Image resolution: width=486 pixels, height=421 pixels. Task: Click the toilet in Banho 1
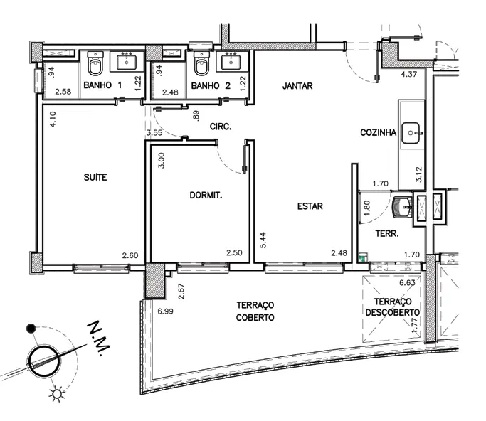pos(95,63)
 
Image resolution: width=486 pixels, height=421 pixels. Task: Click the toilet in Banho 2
pos(201,63)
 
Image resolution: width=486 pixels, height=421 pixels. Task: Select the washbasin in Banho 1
pos(127,61)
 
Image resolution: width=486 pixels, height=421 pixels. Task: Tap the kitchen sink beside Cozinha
pos(411,133)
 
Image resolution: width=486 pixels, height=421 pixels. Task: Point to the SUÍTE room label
pos(95,177)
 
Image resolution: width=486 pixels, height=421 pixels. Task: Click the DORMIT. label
pos(206,195)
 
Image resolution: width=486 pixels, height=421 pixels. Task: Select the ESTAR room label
pos(310,206)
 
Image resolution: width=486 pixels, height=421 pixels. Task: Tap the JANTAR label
pos(297,86)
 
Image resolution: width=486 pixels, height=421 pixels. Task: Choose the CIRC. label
pos(221,127)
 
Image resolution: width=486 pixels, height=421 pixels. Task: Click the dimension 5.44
pos(263,240)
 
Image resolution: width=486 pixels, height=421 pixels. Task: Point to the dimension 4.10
pos(53,119)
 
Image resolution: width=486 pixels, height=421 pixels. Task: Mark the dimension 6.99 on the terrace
pos(165,311)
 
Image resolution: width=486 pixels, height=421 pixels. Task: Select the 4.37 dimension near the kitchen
pos(409,74)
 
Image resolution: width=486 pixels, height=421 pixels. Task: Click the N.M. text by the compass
pos(99,339)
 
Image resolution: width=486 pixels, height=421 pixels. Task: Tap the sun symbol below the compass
pos(57,394)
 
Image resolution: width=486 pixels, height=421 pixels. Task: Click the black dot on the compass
pos(31,329)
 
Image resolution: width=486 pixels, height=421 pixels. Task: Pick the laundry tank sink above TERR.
pos(402,206)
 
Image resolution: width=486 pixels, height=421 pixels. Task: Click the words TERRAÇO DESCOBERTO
pos(392,307)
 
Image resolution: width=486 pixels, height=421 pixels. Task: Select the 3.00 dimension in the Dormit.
pos(162,161)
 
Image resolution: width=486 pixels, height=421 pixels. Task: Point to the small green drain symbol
pos(362,257)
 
